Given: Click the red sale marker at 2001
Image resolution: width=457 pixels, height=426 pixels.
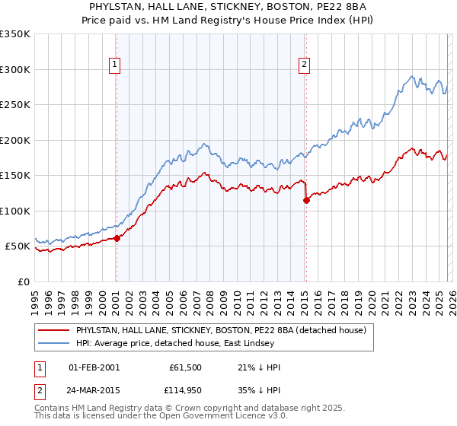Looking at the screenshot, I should (117, 238).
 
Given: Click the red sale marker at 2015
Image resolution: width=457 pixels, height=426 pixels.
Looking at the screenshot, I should (306, 201).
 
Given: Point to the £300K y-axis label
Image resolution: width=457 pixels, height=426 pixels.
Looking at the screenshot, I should (14, 69).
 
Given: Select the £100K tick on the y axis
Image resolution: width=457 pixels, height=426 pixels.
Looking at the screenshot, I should (14, 211).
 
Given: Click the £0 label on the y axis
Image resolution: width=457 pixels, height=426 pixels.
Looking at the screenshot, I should (23, 281).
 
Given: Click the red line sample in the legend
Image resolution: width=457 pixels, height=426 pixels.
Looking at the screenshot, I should (54, 330).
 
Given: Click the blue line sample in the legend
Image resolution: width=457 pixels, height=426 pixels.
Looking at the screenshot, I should (54, 343).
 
